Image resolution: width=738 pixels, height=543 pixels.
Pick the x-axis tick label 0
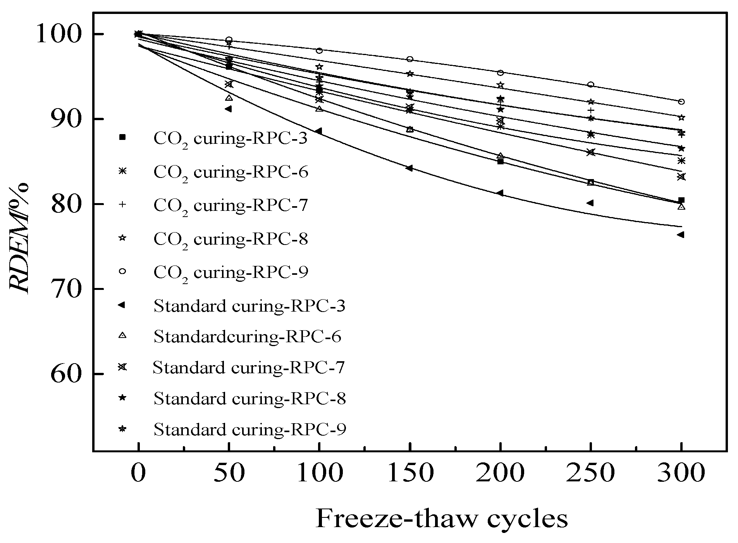tap(138, 474)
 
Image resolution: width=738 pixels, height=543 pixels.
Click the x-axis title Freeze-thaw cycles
tap(442, 519)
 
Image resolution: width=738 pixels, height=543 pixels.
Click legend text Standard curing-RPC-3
tap(249, 306)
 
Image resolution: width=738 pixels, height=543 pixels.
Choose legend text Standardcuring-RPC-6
tap(247, 336)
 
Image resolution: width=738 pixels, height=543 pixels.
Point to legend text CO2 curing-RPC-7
tap(231, 205)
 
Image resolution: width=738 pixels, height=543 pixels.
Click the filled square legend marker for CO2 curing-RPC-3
tap(122, 137)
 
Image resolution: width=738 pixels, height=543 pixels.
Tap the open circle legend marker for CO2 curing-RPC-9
tap(122, 271)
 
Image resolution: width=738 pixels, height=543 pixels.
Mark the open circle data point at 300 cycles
tap(681, 102)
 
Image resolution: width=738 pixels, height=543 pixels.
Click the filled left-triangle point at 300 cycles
tap(680, 234)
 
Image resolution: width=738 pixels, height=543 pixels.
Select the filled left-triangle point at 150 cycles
tap(409, 168)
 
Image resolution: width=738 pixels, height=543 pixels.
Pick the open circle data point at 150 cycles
tap(409, 59)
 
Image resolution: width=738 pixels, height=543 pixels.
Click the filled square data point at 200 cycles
tap(500, 161)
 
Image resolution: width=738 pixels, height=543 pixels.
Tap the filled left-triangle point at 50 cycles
tap(228, 109)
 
